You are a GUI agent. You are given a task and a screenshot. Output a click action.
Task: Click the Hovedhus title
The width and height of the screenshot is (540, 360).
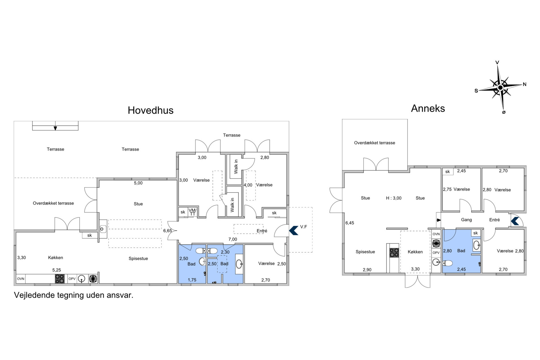tap(150, 110)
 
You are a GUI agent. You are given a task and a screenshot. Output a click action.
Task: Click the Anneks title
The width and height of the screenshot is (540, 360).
tap(428, 108)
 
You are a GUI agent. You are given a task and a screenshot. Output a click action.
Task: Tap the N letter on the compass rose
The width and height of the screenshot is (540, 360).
tap(524, 84)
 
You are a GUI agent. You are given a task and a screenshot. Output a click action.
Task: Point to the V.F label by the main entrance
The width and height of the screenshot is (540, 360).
tap(304, 227)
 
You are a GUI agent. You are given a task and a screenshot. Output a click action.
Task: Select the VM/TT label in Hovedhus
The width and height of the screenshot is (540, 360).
tap(192, 212)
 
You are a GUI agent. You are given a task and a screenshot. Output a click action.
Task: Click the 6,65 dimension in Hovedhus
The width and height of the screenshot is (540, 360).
tap(167, 231)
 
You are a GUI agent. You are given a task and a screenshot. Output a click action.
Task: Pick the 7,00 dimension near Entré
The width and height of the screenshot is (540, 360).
tap(232, 239)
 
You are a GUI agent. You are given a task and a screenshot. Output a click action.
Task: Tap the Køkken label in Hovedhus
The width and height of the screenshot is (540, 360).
tap(55, 257)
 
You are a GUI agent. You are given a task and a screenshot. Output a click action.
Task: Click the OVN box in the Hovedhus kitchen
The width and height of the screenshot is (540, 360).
tap(21, 279)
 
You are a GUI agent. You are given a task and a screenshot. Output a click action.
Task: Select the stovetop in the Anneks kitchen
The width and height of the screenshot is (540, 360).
tap(394, 253)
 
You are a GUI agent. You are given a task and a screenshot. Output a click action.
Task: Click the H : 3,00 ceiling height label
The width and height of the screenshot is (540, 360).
tap(394, 198)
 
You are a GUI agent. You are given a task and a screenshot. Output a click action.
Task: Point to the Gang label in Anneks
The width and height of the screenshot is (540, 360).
tap(466, 220)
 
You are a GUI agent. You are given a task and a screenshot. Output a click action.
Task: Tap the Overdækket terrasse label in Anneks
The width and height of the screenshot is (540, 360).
tap(374, 143)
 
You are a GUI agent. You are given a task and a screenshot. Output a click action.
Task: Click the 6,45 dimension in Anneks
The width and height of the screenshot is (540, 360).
tap(350, 223)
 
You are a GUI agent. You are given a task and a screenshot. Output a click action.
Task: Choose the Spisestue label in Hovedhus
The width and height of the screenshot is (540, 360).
tap(138, 259)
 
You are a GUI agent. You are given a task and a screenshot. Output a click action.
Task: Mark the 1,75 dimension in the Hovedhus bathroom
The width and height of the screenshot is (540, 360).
tap(192, 280)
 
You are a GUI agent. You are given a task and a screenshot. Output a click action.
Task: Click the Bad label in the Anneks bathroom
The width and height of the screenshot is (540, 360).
tap(461, 251)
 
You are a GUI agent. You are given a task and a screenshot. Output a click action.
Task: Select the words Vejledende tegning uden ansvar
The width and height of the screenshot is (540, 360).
tap(74, 295)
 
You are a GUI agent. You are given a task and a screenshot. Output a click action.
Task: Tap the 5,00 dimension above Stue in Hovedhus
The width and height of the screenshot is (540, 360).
tap(138, 183)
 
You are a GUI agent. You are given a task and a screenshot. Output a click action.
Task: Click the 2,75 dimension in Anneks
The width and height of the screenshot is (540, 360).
tap(447, 189)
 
